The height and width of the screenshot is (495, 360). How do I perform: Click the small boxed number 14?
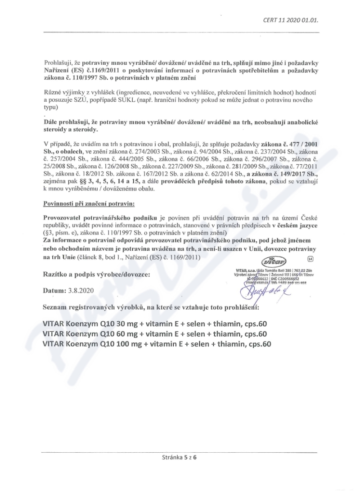310,259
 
